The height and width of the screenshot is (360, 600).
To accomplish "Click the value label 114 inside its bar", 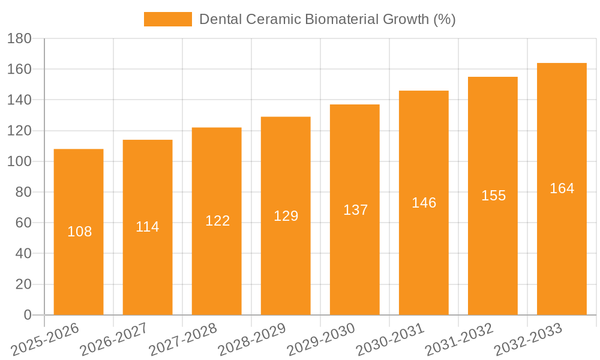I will pyautogui.click(x=148, y=227).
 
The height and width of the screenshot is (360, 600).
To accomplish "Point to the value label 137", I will pyautogui.click(x=355, y=210).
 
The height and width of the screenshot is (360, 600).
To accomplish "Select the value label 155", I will pyautogui.click(x=493, y=196).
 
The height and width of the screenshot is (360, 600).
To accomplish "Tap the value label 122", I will pyautogui.click(x=217, y=221).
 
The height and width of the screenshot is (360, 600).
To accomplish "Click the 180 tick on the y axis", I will pyautogui.click(x=19, y=38).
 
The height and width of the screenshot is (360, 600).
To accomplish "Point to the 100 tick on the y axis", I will pyautogui.click(x=19, y=161).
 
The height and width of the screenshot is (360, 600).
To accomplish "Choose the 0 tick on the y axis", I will pyautogui.click(x=27, y=315).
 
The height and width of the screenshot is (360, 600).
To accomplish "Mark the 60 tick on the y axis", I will pyautogui.click(x=23, y=223).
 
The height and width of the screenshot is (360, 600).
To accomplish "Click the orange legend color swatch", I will pyautogui.click(x=167, y=19).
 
